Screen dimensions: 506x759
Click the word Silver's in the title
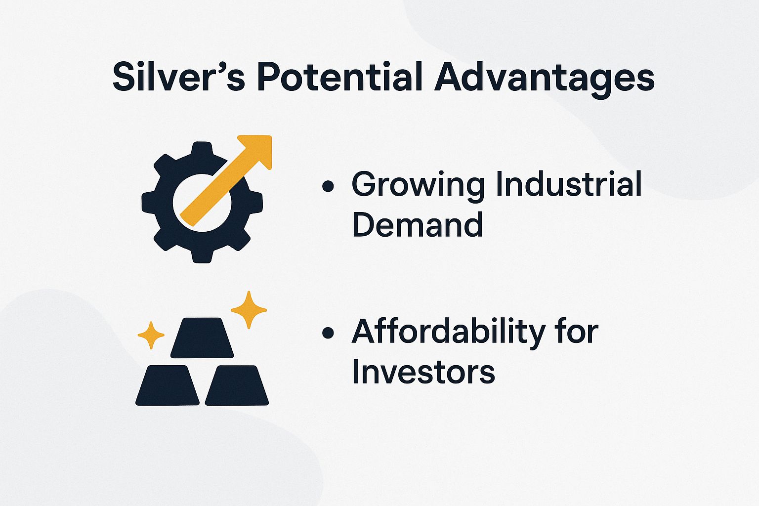(178, 78)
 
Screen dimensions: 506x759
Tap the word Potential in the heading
(340, 78)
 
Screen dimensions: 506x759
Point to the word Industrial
(568, 184)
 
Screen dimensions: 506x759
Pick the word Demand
(417, 224)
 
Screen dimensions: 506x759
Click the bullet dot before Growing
(328, 187)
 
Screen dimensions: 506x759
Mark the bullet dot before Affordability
(328, 333)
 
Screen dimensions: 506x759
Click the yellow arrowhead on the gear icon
(256, 148)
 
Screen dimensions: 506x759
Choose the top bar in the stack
(202, 337)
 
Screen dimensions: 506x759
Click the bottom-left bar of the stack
(167, 385)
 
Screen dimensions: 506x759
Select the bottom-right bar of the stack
(237, 385)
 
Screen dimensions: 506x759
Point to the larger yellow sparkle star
(249, 309)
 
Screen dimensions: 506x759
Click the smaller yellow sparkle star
(151, 335)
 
